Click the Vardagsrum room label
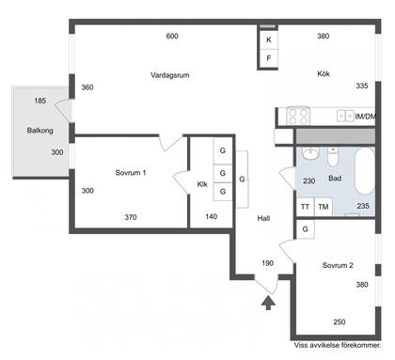coord(169,75)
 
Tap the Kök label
coord(324,73)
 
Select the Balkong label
coord(39,131)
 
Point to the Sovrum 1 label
coord(131,172)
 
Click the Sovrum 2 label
coord(338,265)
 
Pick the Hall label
coord(263,218)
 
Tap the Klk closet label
coord(202,184)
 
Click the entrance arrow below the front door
coord(268,303)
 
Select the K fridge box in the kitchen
coord(269,39)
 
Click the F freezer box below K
coord(269,58)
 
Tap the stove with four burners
coord(298,116)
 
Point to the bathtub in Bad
coord(365,171)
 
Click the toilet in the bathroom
coord(333,156)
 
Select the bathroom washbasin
coord(310,153)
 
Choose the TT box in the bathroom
coord(306,207)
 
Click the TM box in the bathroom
coord(324,207)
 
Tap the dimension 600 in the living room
coord(172,36)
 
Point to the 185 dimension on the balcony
coord(40,101)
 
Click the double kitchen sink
coord(345,116)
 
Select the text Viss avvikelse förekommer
coord(338,345)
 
